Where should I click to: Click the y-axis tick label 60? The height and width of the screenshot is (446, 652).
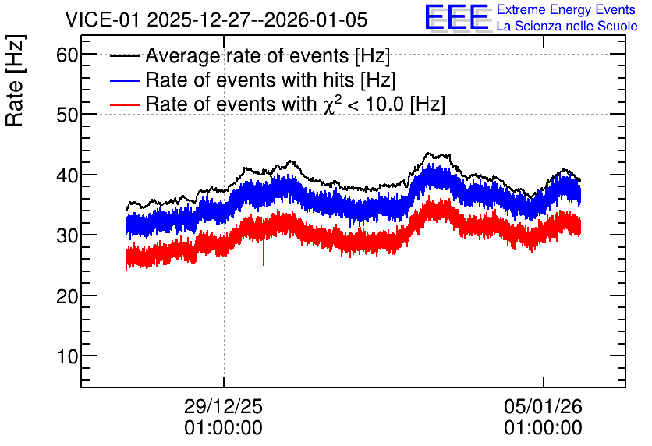67,55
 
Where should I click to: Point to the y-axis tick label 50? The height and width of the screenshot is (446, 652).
67,115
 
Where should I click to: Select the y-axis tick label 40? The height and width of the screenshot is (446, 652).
67,175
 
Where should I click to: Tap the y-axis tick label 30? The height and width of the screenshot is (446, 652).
67,235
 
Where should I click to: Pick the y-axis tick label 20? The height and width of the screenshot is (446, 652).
67,296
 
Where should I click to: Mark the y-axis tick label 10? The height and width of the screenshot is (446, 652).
67,356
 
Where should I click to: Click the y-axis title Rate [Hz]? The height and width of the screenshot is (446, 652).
15,80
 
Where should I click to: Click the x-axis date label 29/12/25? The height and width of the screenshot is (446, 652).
223,406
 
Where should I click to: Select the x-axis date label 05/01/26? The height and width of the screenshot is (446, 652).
543,406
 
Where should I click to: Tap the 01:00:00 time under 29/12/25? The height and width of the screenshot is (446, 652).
223,428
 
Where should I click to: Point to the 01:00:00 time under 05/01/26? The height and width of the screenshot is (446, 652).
543,428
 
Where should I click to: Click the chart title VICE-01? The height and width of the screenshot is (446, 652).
102,19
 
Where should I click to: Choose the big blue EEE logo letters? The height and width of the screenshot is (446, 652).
457,17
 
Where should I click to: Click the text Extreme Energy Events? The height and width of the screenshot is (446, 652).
566,9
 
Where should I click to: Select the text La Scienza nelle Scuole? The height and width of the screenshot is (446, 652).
567,26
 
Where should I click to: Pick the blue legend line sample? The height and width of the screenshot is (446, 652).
124,80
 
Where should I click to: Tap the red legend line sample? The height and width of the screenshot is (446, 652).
124,104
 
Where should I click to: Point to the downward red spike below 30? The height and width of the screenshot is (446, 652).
263,253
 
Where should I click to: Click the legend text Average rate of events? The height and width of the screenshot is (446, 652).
247,56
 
